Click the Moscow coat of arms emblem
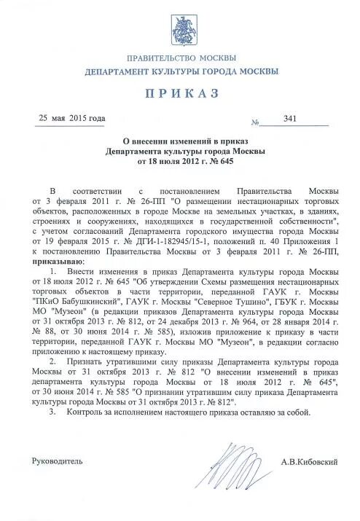[x=181, y=32]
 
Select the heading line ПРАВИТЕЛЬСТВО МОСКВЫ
[x=181, y=58]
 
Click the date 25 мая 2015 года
[x=72, y=118]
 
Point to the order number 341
[x=290, y=119]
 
